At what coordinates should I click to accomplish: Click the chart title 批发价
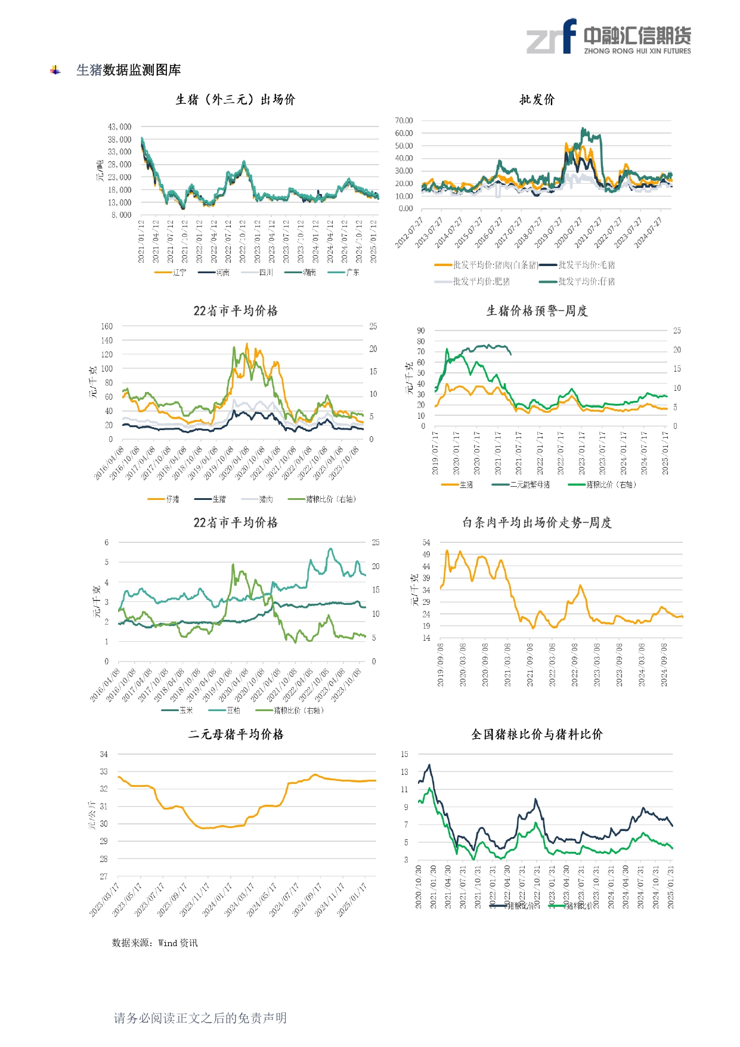(x=537, y=100)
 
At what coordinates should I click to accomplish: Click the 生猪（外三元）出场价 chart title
(x=235, y=100)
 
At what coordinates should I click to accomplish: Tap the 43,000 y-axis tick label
(x=119, y=127)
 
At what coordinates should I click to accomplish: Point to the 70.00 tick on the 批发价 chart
(x=404, y=121)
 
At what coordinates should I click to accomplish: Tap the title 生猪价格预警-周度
(x=537, y=311)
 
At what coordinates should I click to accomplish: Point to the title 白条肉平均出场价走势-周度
(x=537, y=523)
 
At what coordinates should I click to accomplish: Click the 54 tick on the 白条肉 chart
(x=426, y=542)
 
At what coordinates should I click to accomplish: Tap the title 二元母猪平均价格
(x=236, y=734)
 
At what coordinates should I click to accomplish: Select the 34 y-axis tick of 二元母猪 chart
(x=104, y=754)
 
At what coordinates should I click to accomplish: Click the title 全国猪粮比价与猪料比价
(x=537, y=734)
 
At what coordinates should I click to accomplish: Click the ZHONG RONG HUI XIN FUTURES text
(x=637, y=51)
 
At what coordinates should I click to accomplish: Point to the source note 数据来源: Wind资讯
(x=154, y=943)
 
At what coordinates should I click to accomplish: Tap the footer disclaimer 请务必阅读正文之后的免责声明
(x=200, y=1018)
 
